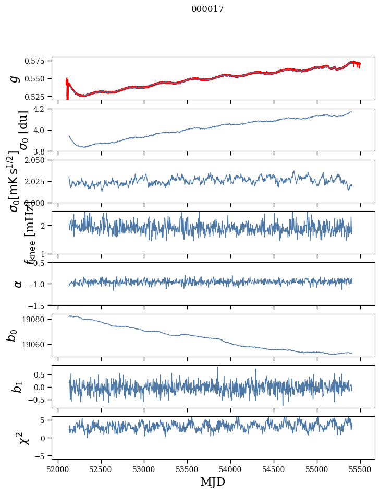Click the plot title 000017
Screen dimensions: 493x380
(x=207, y=9)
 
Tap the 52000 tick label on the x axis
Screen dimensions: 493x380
(x=58, y=469)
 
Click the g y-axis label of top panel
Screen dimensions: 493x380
(x=16, y=78)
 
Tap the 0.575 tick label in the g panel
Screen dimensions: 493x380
(x=39, y=61)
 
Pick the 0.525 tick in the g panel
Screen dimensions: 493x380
(x=39, y=97)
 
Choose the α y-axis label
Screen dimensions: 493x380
(x=18, y=284)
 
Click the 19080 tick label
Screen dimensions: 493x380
(x=38, y=319)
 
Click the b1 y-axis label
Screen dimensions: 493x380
(x=18, y=387)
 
